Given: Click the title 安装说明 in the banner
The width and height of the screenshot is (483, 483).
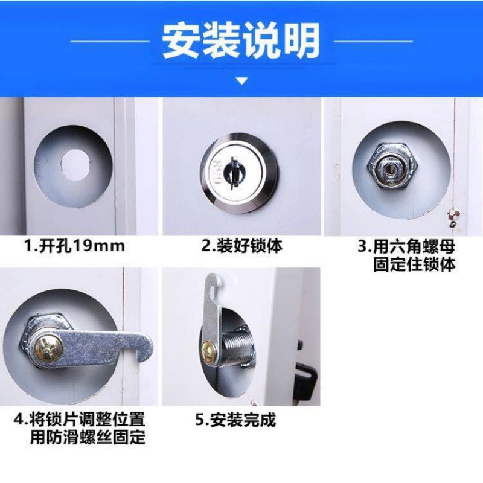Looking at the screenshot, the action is click(x=241, y=41).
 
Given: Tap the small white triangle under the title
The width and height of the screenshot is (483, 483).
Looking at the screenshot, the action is click(x=242, y=81).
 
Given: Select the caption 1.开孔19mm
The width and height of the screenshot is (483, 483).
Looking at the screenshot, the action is click(x=75, y=246).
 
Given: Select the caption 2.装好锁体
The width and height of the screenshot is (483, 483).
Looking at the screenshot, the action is click(x=242, y=246).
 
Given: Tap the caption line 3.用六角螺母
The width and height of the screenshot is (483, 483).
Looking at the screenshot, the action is click(x=406, y=246).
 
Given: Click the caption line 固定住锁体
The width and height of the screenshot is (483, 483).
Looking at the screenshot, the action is click(x=414, y=264).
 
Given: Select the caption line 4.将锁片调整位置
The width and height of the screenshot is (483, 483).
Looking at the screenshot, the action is click(x=80, y=420).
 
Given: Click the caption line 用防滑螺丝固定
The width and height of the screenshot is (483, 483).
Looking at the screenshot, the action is click(x=88, y=437).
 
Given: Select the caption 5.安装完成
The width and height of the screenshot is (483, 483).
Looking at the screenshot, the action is click(x=235, y=420).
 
